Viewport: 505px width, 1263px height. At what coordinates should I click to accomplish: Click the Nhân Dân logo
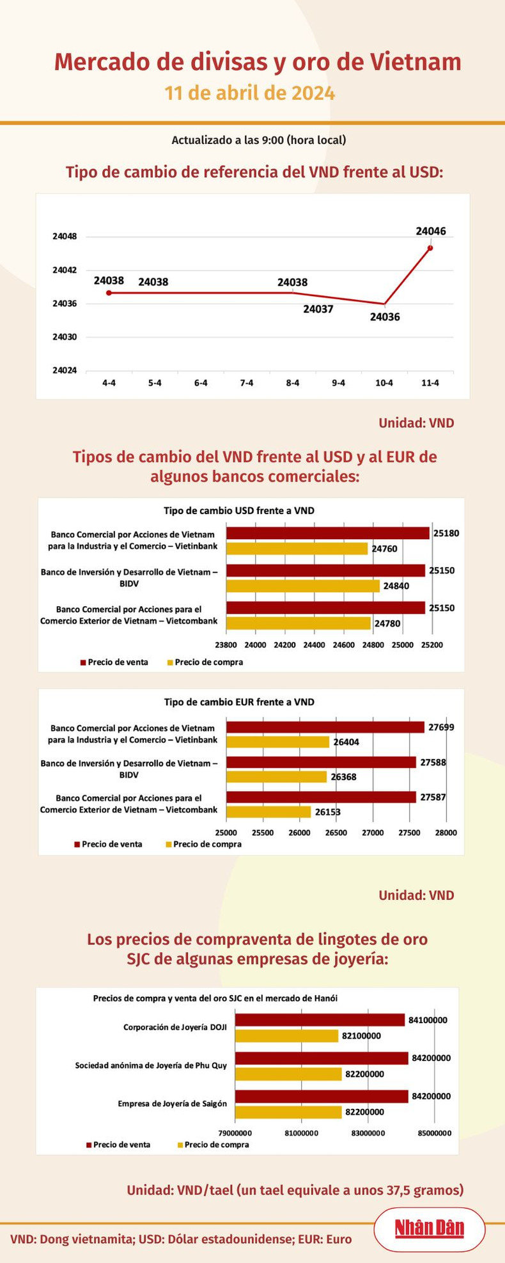pyautogui.click(x=429, y=1228)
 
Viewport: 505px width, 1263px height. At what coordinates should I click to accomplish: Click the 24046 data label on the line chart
pyautogui.click(x=430, y=231)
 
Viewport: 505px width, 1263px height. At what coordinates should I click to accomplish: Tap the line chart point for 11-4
pyautogui.click(x=430, y=248)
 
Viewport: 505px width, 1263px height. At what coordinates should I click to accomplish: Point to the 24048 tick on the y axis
pyautogui.click(x=65, y=237)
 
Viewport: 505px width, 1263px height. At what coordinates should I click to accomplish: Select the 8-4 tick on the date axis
pyautogui.click(x=293, y=383)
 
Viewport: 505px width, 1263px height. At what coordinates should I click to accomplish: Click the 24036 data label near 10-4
pyautogui.click(x=385, y=317)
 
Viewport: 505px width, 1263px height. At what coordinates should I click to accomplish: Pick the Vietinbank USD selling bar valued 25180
pyautogui.click(x=327, y=533)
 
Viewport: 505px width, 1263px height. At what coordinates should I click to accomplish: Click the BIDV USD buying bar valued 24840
pyautogui.click(x=303, y=586)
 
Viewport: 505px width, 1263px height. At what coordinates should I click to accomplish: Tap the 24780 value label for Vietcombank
pyautogui.click(x=387, y=624)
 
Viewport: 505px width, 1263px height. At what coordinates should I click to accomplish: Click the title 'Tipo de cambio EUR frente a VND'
pyautogui.click(x=239, y=702)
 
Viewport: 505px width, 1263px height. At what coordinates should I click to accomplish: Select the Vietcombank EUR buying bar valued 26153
pyautogui.click(x=268, y=812)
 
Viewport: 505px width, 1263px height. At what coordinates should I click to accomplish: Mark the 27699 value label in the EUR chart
pyautogui.click(x=442, y=727)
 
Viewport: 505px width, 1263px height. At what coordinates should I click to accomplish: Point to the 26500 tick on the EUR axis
pyautogui.click(x=336, y=833)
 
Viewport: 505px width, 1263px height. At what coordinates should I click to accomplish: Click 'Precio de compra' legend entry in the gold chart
pyautogui.click(x=213, y=1144)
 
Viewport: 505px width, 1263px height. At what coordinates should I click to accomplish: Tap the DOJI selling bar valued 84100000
pyautogui.click(x=320, y=1019)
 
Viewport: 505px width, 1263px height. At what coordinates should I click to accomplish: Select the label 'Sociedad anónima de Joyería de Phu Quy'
pyautogui.click(x=151, y=1065)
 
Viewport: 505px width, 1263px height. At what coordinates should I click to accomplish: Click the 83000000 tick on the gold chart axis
pyautogui.click(x=368, y=1133)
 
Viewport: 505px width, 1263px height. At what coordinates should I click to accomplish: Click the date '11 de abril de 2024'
pyautogui.click(x=249, y=93)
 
